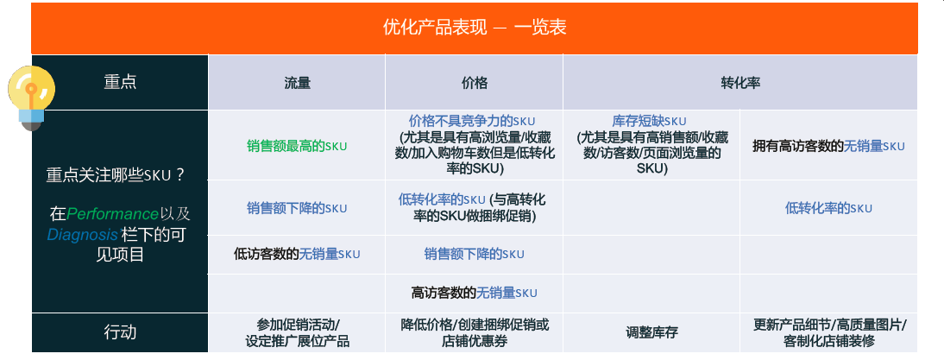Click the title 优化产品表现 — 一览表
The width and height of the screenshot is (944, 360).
tap(475, 28)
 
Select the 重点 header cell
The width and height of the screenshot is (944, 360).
tap(120, 82)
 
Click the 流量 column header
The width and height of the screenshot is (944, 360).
tap(297, 83)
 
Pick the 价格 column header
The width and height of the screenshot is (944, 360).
tap(475, 83)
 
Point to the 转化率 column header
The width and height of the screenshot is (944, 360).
tap(740, 83)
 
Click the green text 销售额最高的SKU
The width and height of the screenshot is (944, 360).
tap(297, 146)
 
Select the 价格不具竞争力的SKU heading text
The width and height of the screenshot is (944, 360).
tap(472, 120)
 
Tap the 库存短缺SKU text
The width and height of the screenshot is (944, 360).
tap(649, 120)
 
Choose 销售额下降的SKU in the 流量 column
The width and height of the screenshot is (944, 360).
tap(297, 208)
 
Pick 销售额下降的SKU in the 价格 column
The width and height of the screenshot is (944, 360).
tap(475, 254)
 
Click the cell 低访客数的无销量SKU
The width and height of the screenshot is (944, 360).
tap(297, 254)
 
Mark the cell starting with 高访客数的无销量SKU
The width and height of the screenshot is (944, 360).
tap(475, 294)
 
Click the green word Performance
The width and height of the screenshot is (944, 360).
tap(112, 214)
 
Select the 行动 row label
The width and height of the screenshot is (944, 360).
tap(120, 332)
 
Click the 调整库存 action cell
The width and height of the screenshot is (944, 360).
tap(651, 332)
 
